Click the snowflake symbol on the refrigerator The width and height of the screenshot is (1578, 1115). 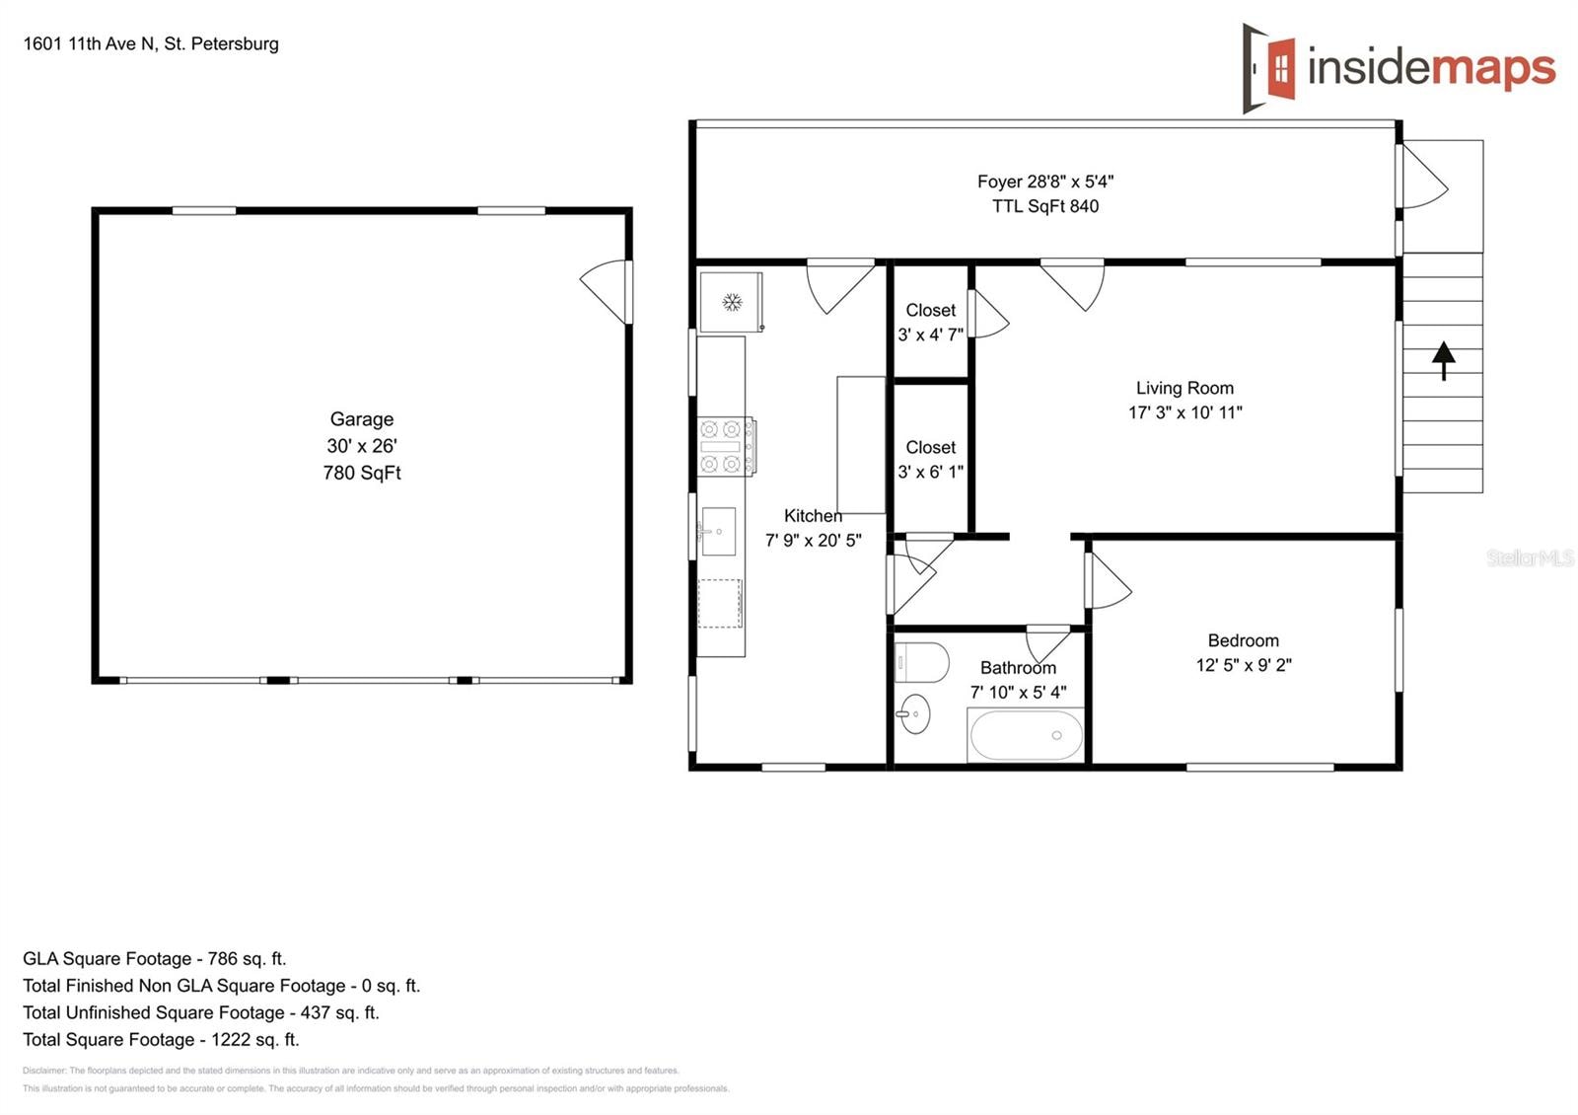[x=732, y=302]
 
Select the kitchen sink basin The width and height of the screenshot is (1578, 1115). [x=718, y=531]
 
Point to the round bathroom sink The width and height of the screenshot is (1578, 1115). [x=914, y=713]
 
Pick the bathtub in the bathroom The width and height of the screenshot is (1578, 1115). [x=1026, y=734]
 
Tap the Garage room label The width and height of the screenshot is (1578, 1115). [x=361, y=418]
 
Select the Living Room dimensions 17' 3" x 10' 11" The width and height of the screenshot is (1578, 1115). [x=1184, y=412]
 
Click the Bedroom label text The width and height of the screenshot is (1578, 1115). [x=1244, y=640]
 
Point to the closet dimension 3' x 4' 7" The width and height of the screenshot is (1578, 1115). [x=930, y=334]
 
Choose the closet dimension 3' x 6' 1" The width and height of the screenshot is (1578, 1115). [x=930, y=472]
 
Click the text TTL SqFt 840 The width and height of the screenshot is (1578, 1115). [x=1045, y=206]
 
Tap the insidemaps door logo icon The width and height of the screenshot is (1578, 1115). [x=1268, y=68]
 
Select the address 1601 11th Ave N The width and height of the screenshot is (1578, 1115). [x=89, y=43]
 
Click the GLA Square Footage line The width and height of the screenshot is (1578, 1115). [x=154, y=958]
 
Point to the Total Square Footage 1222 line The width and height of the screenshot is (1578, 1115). [x=161, y=1040]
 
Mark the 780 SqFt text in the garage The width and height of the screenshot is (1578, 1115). [x=361, y=473]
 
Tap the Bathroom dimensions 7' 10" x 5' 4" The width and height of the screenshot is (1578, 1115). [x=1018, y=692]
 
